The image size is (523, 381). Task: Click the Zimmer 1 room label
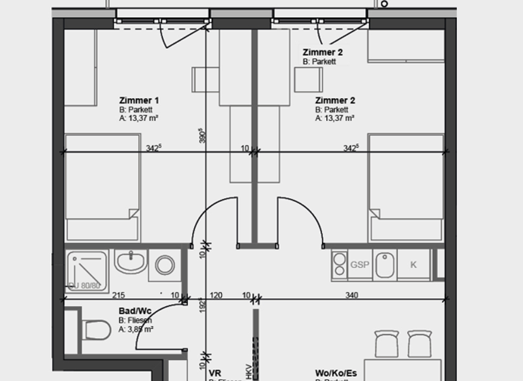139,101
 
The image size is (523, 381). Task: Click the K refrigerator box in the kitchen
413,265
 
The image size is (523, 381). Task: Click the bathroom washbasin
131,261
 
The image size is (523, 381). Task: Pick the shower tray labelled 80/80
87,271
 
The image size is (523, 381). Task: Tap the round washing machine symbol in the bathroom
165,265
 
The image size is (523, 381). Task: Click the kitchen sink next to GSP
385,265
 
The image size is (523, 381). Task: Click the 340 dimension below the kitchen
351,295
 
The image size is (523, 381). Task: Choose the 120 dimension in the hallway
217,295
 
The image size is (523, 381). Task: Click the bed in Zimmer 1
102,187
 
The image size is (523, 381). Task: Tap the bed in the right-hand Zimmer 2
406,187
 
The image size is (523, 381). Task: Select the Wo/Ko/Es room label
336,373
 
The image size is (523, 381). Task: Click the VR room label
215,373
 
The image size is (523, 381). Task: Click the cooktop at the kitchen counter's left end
339,265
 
